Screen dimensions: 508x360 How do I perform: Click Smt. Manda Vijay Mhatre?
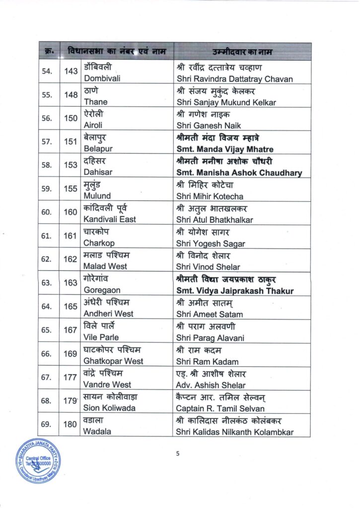(224, 149)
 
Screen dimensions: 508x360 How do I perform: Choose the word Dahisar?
(98, 172)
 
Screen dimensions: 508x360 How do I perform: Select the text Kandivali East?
(110, 219)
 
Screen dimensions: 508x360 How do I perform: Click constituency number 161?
(71, 236)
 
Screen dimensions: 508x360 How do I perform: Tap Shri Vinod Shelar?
(207, 266)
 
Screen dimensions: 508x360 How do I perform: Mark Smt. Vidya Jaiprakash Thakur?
(235, 291)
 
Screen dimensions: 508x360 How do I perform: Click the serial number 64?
(47, 307)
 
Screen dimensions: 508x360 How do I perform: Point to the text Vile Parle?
(101, 337)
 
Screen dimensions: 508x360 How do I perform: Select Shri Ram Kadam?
(207, 361)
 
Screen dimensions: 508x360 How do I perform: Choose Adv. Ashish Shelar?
(211, 385)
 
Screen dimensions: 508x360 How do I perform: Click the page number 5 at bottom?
(178, 453)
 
